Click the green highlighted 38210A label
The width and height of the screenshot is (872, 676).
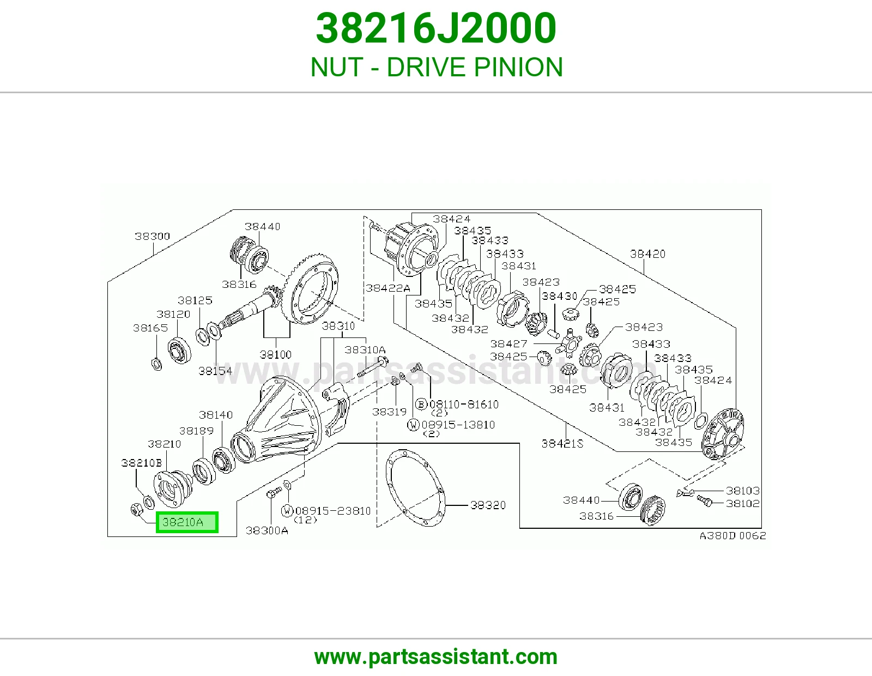click(187, 522)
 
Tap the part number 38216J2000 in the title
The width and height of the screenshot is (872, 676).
click(436, 28)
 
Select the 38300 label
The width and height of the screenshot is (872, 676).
click(152, 236)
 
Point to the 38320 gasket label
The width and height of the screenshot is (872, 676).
click(488, 505)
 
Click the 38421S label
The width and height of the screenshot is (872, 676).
click(562, 443)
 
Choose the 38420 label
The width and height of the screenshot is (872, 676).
click(647, 253)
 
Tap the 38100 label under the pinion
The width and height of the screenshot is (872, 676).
click(275, 354)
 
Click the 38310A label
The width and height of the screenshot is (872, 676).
click(365, 349)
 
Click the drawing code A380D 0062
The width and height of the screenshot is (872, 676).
click(733, 535)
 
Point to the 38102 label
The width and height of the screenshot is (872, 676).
click(742, 503)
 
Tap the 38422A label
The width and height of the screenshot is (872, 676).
click(387, 288)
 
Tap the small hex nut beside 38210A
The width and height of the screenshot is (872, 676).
click(135, 509)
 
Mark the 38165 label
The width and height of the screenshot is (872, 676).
click(150, 328)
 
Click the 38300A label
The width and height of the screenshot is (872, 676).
click(267, 530)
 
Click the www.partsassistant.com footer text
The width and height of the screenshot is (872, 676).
click(436, 657)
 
